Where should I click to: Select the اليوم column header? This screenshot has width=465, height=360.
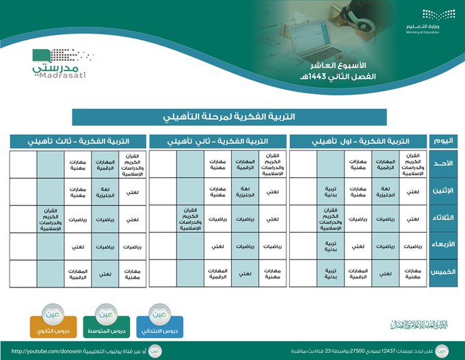click(x=442, y=141)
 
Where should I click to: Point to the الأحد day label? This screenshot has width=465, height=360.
click(x=442, y=164)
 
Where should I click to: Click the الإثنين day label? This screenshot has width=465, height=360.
click(x=442, y=192)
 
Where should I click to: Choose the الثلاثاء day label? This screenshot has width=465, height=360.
click(x=442, y=219)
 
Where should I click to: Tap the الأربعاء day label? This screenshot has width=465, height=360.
click(x=442, y=244)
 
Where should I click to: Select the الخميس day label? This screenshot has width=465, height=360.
click(x=442, y=272)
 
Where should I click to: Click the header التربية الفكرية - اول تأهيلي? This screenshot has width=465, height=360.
click(x=356, y=141)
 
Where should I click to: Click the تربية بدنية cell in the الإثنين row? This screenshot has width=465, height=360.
click(x=330, y=192)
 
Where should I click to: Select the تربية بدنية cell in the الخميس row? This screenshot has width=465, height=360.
click(x=330, y=273)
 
